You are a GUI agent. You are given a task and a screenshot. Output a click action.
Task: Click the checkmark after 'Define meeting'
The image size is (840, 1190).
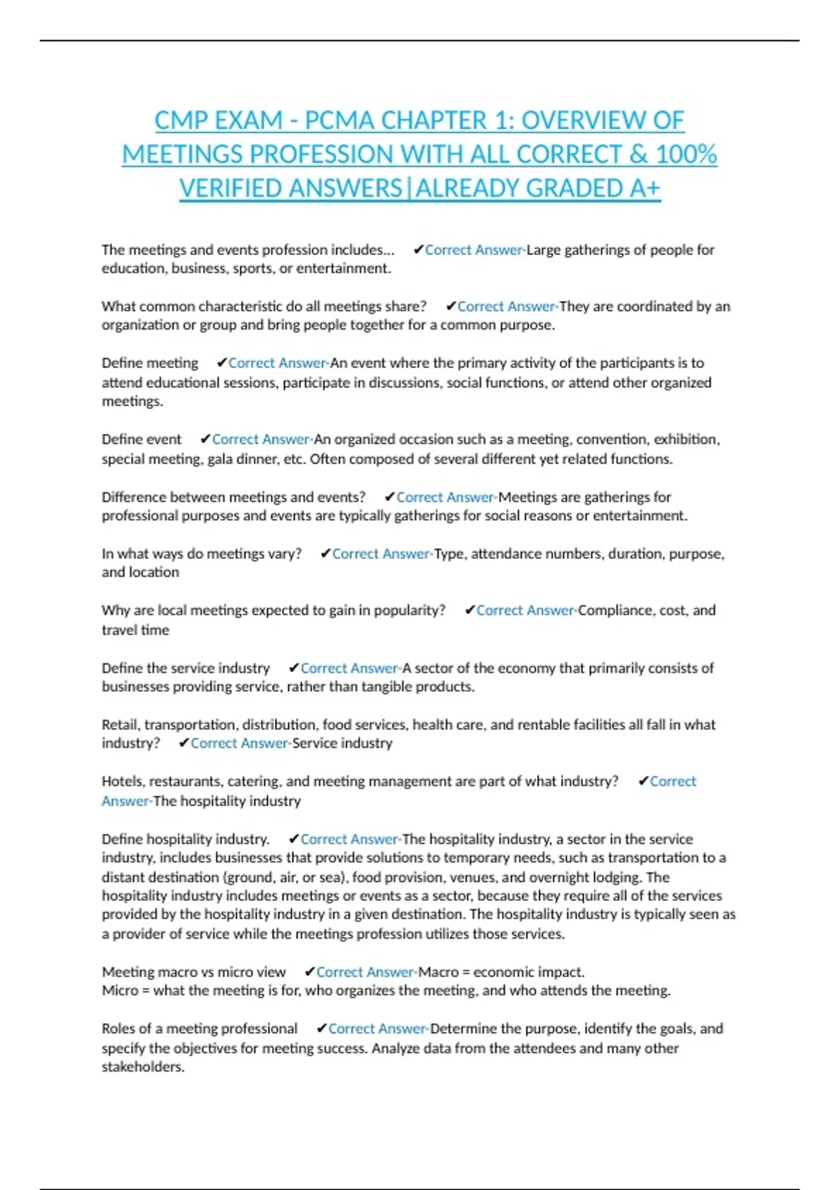[221, 363]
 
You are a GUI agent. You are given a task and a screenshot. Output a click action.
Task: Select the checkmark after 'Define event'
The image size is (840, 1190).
[205, 440]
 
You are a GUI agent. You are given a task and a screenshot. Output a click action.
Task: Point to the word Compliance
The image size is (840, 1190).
[615, 610]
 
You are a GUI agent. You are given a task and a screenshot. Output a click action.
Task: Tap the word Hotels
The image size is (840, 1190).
[122, 781]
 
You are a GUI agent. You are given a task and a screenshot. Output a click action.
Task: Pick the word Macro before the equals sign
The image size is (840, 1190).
[437, 972]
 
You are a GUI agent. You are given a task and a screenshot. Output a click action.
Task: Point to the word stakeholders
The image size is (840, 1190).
[143, 1067]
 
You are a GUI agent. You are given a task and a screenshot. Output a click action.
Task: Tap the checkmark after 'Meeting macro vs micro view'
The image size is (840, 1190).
[309, 972]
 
